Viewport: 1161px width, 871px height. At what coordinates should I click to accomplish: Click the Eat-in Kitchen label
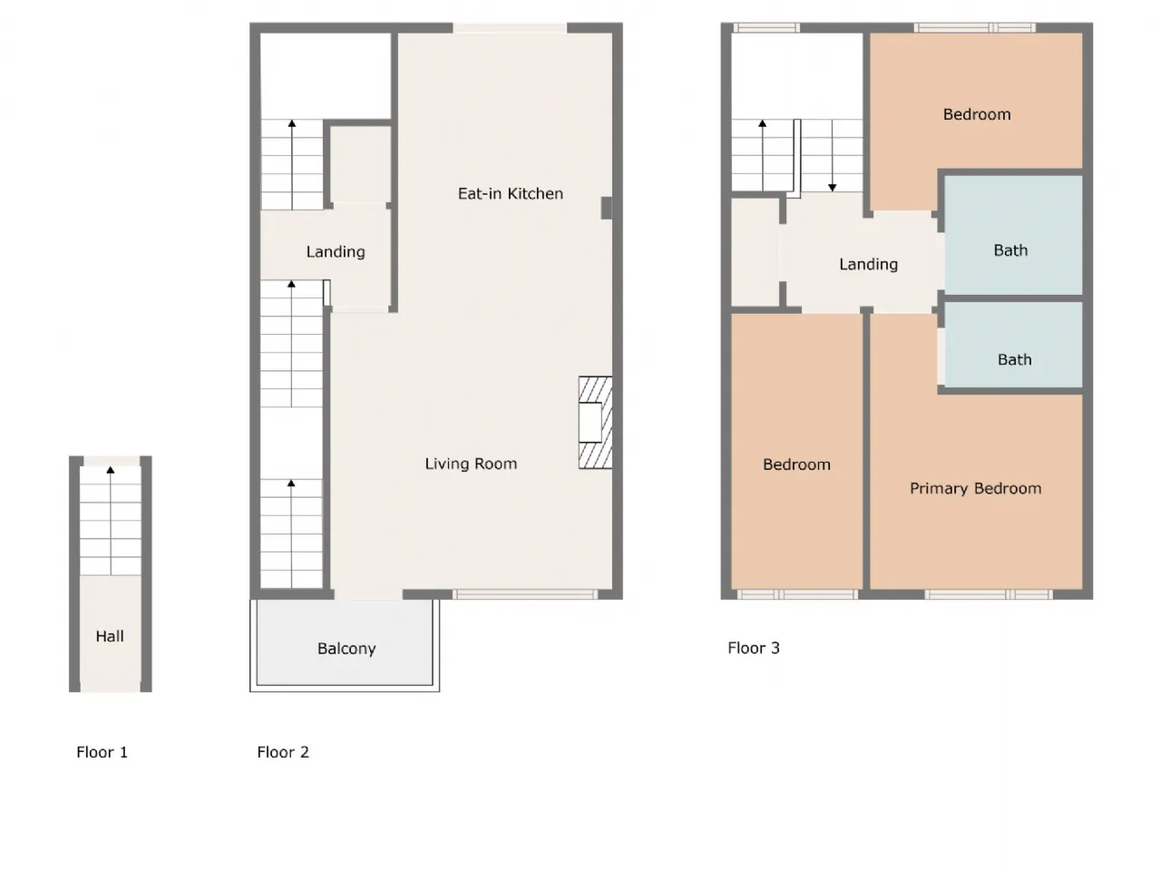click(x=510, y=193)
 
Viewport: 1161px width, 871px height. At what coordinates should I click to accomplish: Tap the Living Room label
click(x=471, y=464)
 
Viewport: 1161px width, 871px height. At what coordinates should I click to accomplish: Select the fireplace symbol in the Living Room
click(x=595, y=423)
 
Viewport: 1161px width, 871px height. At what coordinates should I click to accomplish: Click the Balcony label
click(x=346, y=649)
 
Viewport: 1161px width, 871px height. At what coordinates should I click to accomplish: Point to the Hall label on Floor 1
click(x=110, y=636)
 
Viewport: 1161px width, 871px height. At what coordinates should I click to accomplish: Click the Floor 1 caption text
click(x=102, y=752)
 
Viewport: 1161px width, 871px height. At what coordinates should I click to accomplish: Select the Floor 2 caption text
click(x=283, y=752)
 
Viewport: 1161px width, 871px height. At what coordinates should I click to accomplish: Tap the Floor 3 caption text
click(x=753, y=648)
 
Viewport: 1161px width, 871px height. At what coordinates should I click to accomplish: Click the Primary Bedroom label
click(x=975, y=488)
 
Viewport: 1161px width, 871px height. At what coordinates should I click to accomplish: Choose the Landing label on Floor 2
click(x=336, y=252)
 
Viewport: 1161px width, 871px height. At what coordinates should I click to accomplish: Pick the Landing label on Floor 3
click(x=868, y=264)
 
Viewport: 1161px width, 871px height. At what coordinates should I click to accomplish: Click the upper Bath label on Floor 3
click(x=1010, y=250)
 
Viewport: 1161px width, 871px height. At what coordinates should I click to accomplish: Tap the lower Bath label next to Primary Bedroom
click(x=1014, y=359)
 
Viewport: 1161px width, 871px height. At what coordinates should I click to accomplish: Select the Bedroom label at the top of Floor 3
click(x=976, y=114)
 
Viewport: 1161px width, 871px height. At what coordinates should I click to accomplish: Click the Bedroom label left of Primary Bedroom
click(x=796, y=465)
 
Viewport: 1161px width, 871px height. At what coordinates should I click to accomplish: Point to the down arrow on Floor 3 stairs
click(x=832, y=187)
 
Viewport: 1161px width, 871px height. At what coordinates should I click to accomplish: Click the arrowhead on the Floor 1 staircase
click(x=111, y=470)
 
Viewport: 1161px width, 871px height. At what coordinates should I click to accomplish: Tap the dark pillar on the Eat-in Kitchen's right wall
click(x=606, y=208)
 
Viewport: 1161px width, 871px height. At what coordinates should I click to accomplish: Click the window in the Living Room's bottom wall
click(x=525, y=594)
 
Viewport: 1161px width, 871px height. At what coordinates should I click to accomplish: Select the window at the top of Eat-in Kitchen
click(x=511, y=28)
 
